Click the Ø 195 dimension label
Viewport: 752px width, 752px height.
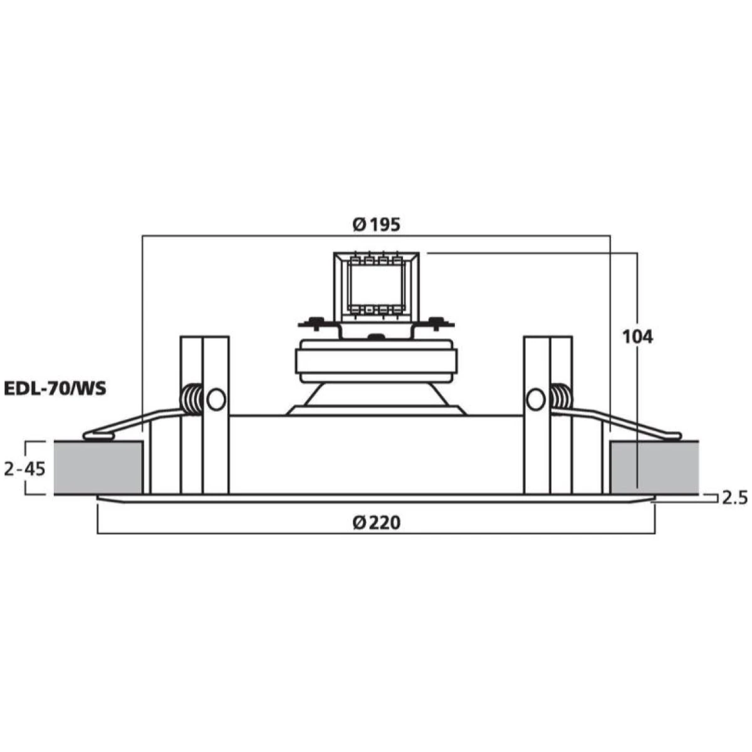(x=376, y=225)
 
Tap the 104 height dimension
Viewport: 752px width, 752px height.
(x=637, y=337)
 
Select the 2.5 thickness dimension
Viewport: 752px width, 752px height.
(x=734, y=498)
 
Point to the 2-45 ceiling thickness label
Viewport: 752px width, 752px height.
(x=24, y=468)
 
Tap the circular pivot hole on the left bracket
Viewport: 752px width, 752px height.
(x=216, y=399)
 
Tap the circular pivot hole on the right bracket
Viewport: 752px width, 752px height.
(x=536, y=399)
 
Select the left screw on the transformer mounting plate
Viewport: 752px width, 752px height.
(x=318, y=323)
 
